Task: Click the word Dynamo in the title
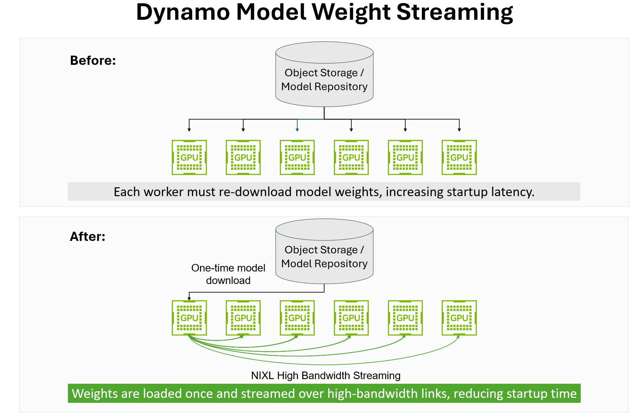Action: coord(183,13)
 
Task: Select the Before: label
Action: coord(93,61)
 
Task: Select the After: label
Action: coord(87,237)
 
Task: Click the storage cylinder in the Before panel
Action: coord(324,74)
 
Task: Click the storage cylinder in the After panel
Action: coord(324,251)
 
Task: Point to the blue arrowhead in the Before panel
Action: coord(297,130)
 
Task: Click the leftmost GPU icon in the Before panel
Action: coord(189,157)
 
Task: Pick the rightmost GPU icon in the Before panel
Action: coord(459,157)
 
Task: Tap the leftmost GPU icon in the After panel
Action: coord(189,318)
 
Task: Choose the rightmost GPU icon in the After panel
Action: coord(459,318)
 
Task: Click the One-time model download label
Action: coord(228,274)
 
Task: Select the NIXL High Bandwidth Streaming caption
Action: coord(326,376)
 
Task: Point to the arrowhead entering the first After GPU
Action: coord(189,298)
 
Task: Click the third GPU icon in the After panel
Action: coord(297,318)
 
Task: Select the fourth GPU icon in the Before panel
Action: coord(351,157)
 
